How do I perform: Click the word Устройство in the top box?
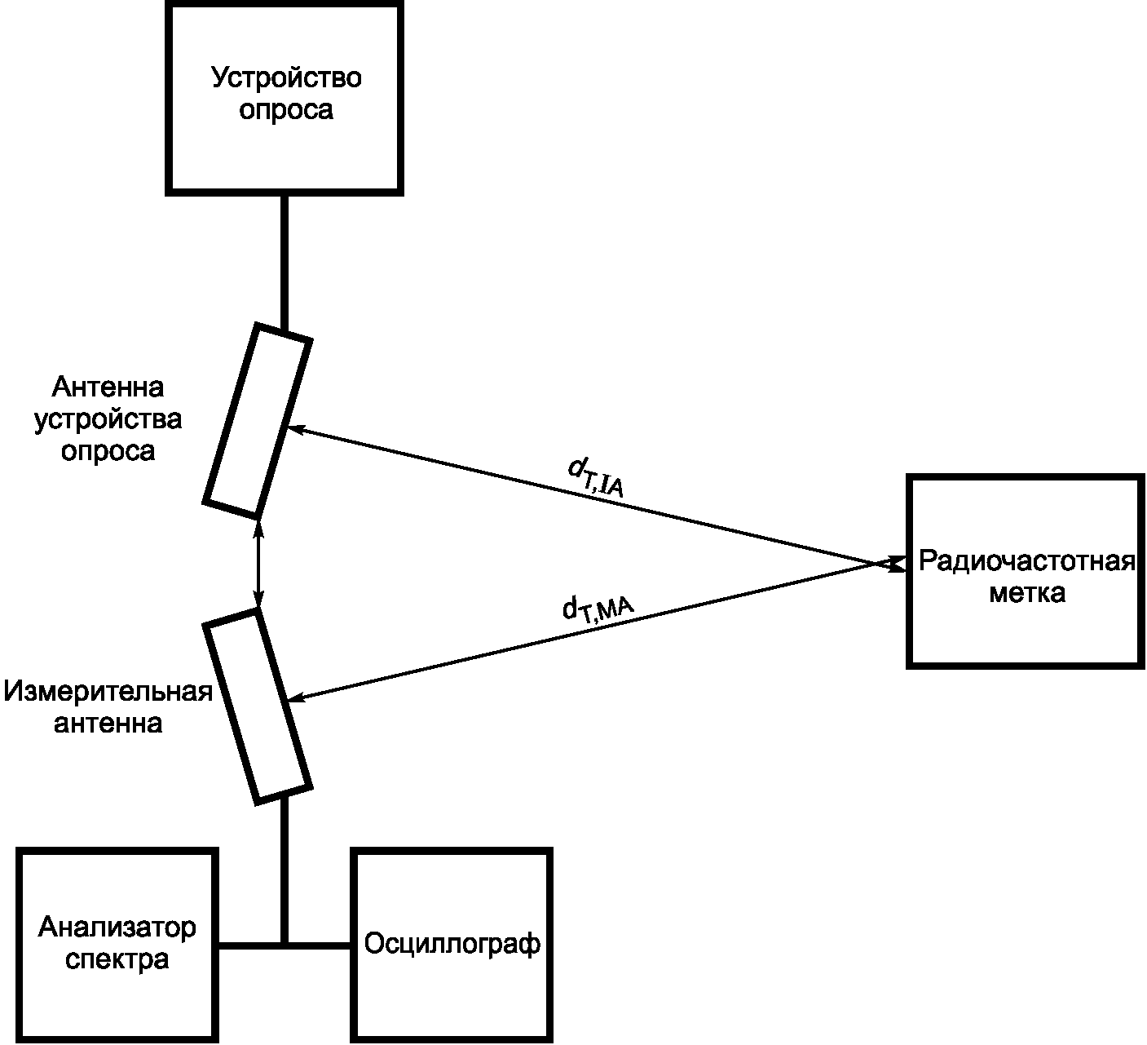click(286, 77)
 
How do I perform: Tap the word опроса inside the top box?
click(286, 110)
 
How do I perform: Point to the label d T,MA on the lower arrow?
click(598, 609)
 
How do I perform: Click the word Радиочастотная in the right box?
click(1027, 561)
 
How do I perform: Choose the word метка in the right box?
click(1027, 593)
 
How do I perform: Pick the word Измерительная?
click(108, 691)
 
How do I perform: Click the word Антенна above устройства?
click(108, 387)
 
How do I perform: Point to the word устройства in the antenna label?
click(108, 419)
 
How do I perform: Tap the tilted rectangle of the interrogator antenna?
click(258, 421)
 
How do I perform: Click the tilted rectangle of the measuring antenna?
click(258, 706)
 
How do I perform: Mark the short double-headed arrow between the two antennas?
click(258, 564)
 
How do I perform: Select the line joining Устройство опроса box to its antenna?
click(285, 263)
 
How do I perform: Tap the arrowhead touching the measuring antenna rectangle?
click(296, 697)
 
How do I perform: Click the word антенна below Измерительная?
click(108, 724)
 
